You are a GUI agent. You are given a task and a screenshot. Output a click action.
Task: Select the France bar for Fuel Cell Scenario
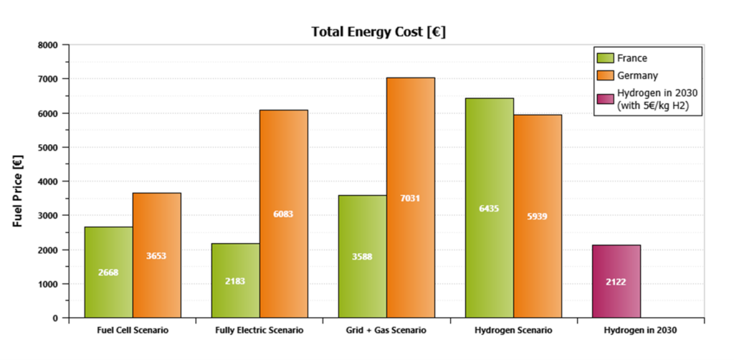108,272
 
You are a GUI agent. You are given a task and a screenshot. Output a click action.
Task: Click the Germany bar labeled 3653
156,255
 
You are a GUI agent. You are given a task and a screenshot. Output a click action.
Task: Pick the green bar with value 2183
235,280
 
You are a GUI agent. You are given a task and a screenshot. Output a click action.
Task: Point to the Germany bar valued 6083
283,214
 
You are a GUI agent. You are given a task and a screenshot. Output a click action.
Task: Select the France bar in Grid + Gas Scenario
362,256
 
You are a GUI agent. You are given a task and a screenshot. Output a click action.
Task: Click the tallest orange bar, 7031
410,197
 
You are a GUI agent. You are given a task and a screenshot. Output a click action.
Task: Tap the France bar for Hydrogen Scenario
489,208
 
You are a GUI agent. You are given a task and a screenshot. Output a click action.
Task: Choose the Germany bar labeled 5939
537,216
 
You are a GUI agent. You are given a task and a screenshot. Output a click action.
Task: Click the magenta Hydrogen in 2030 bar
616,281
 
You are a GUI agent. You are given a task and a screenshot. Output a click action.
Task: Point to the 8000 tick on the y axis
49,44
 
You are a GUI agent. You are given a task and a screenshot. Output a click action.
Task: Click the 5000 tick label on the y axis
49,147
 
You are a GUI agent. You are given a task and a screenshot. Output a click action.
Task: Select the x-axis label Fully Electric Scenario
259,331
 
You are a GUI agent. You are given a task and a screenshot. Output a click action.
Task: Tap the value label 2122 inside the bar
616,282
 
